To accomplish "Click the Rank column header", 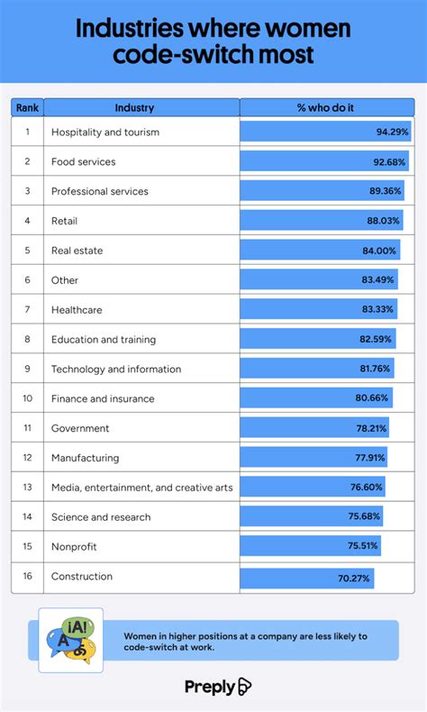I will click(x=27, y=108).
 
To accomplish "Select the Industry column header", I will click(x=134, y=108).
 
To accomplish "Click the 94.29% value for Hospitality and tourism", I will click(x=392, y=132).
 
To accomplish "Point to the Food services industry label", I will click(x=95, y=162).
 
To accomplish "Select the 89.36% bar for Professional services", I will click(x=322, y=192).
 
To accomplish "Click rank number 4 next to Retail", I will click(x=27, y=221).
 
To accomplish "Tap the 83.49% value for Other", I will click(x=379, y=280).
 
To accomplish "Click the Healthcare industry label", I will click(x=77, y=310).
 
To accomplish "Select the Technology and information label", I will click(x=116, y=370).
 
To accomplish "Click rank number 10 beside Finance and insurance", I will click(x=27, y=398).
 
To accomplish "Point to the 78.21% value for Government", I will click(x=372, y=428).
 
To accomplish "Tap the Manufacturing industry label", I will click(x=85, y=458).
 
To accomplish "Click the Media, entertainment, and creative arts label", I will click(x=141, y=488).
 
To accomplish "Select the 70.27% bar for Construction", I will click(x=306, y=577).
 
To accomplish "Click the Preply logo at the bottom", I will click(x=217, y=687).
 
